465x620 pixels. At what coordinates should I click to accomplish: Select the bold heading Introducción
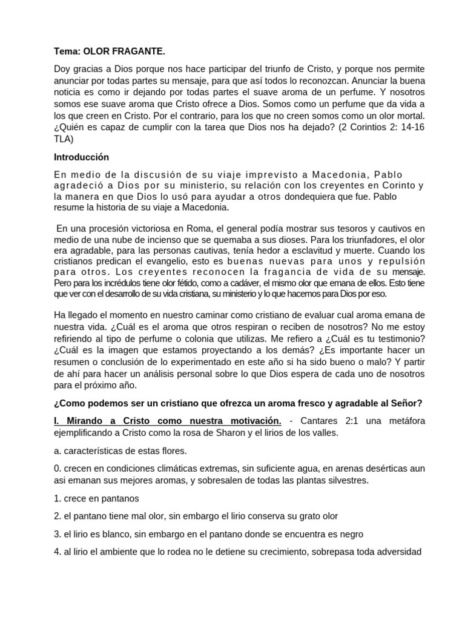(x=82, y=157)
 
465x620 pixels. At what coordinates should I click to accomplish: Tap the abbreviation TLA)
(x=64, y=138)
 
